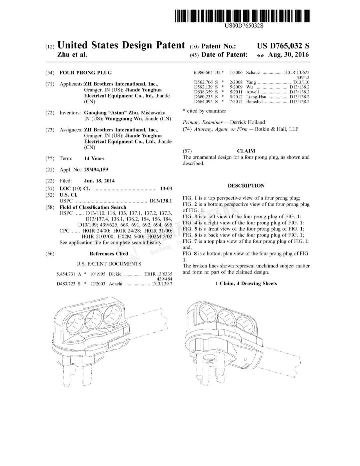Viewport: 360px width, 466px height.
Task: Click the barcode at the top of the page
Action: tap(242, 16)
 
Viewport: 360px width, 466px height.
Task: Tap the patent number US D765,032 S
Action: tap(283, 46)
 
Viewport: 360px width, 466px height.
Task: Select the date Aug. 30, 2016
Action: tap(288, 55)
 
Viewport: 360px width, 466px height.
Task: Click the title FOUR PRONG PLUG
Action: tap(85, 73)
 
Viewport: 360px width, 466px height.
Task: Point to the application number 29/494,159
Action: tap(96, 170)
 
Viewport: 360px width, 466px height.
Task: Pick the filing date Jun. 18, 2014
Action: tap(99, 181)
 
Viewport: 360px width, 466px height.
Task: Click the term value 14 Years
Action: tap(94, 158)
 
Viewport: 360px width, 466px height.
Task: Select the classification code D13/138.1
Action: tap(161, 201)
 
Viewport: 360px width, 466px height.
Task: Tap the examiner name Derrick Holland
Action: tap(247, 122)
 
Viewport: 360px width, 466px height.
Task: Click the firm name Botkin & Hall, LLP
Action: tap(276, 129)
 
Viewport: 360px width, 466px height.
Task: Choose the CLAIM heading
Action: tap(246, 151)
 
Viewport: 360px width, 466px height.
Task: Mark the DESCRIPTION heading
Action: tap(246, 186)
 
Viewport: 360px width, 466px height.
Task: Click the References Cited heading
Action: tap(109, 254)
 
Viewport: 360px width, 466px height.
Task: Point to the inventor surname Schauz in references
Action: tap(253, 72)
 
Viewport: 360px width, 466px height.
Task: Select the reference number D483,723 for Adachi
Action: tap(66, 284)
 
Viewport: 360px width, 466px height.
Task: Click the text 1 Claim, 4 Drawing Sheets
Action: tap(246, 284)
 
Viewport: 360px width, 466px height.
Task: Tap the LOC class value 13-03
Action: tap(166, 188)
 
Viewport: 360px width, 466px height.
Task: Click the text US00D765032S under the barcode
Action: tap(244, 26)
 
